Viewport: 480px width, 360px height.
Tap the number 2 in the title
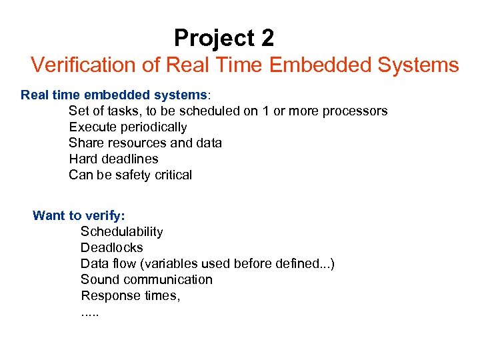267,39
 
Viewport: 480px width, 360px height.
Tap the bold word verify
105,215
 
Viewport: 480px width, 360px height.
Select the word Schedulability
122,232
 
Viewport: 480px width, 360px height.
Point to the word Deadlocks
112,248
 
